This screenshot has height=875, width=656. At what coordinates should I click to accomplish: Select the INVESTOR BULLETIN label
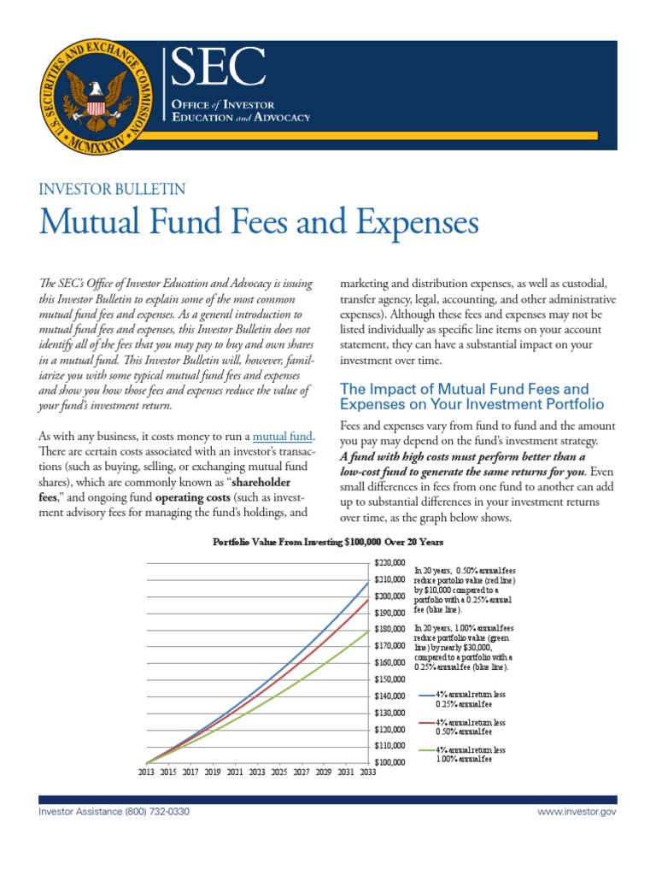pyautogui.click(x=113, y=190)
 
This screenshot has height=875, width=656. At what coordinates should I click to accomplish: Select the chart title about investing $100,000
pyautogui.click(x=327, y=542)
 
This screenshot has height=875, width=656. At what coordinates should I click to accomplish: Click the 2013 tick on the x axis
pyautogui.click(x=147, y=772)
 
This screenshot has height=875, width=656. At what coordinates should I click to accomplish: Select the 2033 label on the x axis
pyautogui.click(x=366, y=772)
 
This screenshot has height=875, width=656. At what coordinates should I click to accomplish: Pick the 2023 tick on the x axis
pyautogui.click(x=256, y=772)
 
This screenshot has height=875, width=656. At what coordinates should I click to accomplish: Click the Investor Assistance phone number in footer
pyautogui.click(x=114, y=811)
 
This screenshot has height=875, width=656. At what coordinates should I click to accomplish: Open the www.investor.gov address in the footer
pyautogui.click(x=577, y=811)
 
